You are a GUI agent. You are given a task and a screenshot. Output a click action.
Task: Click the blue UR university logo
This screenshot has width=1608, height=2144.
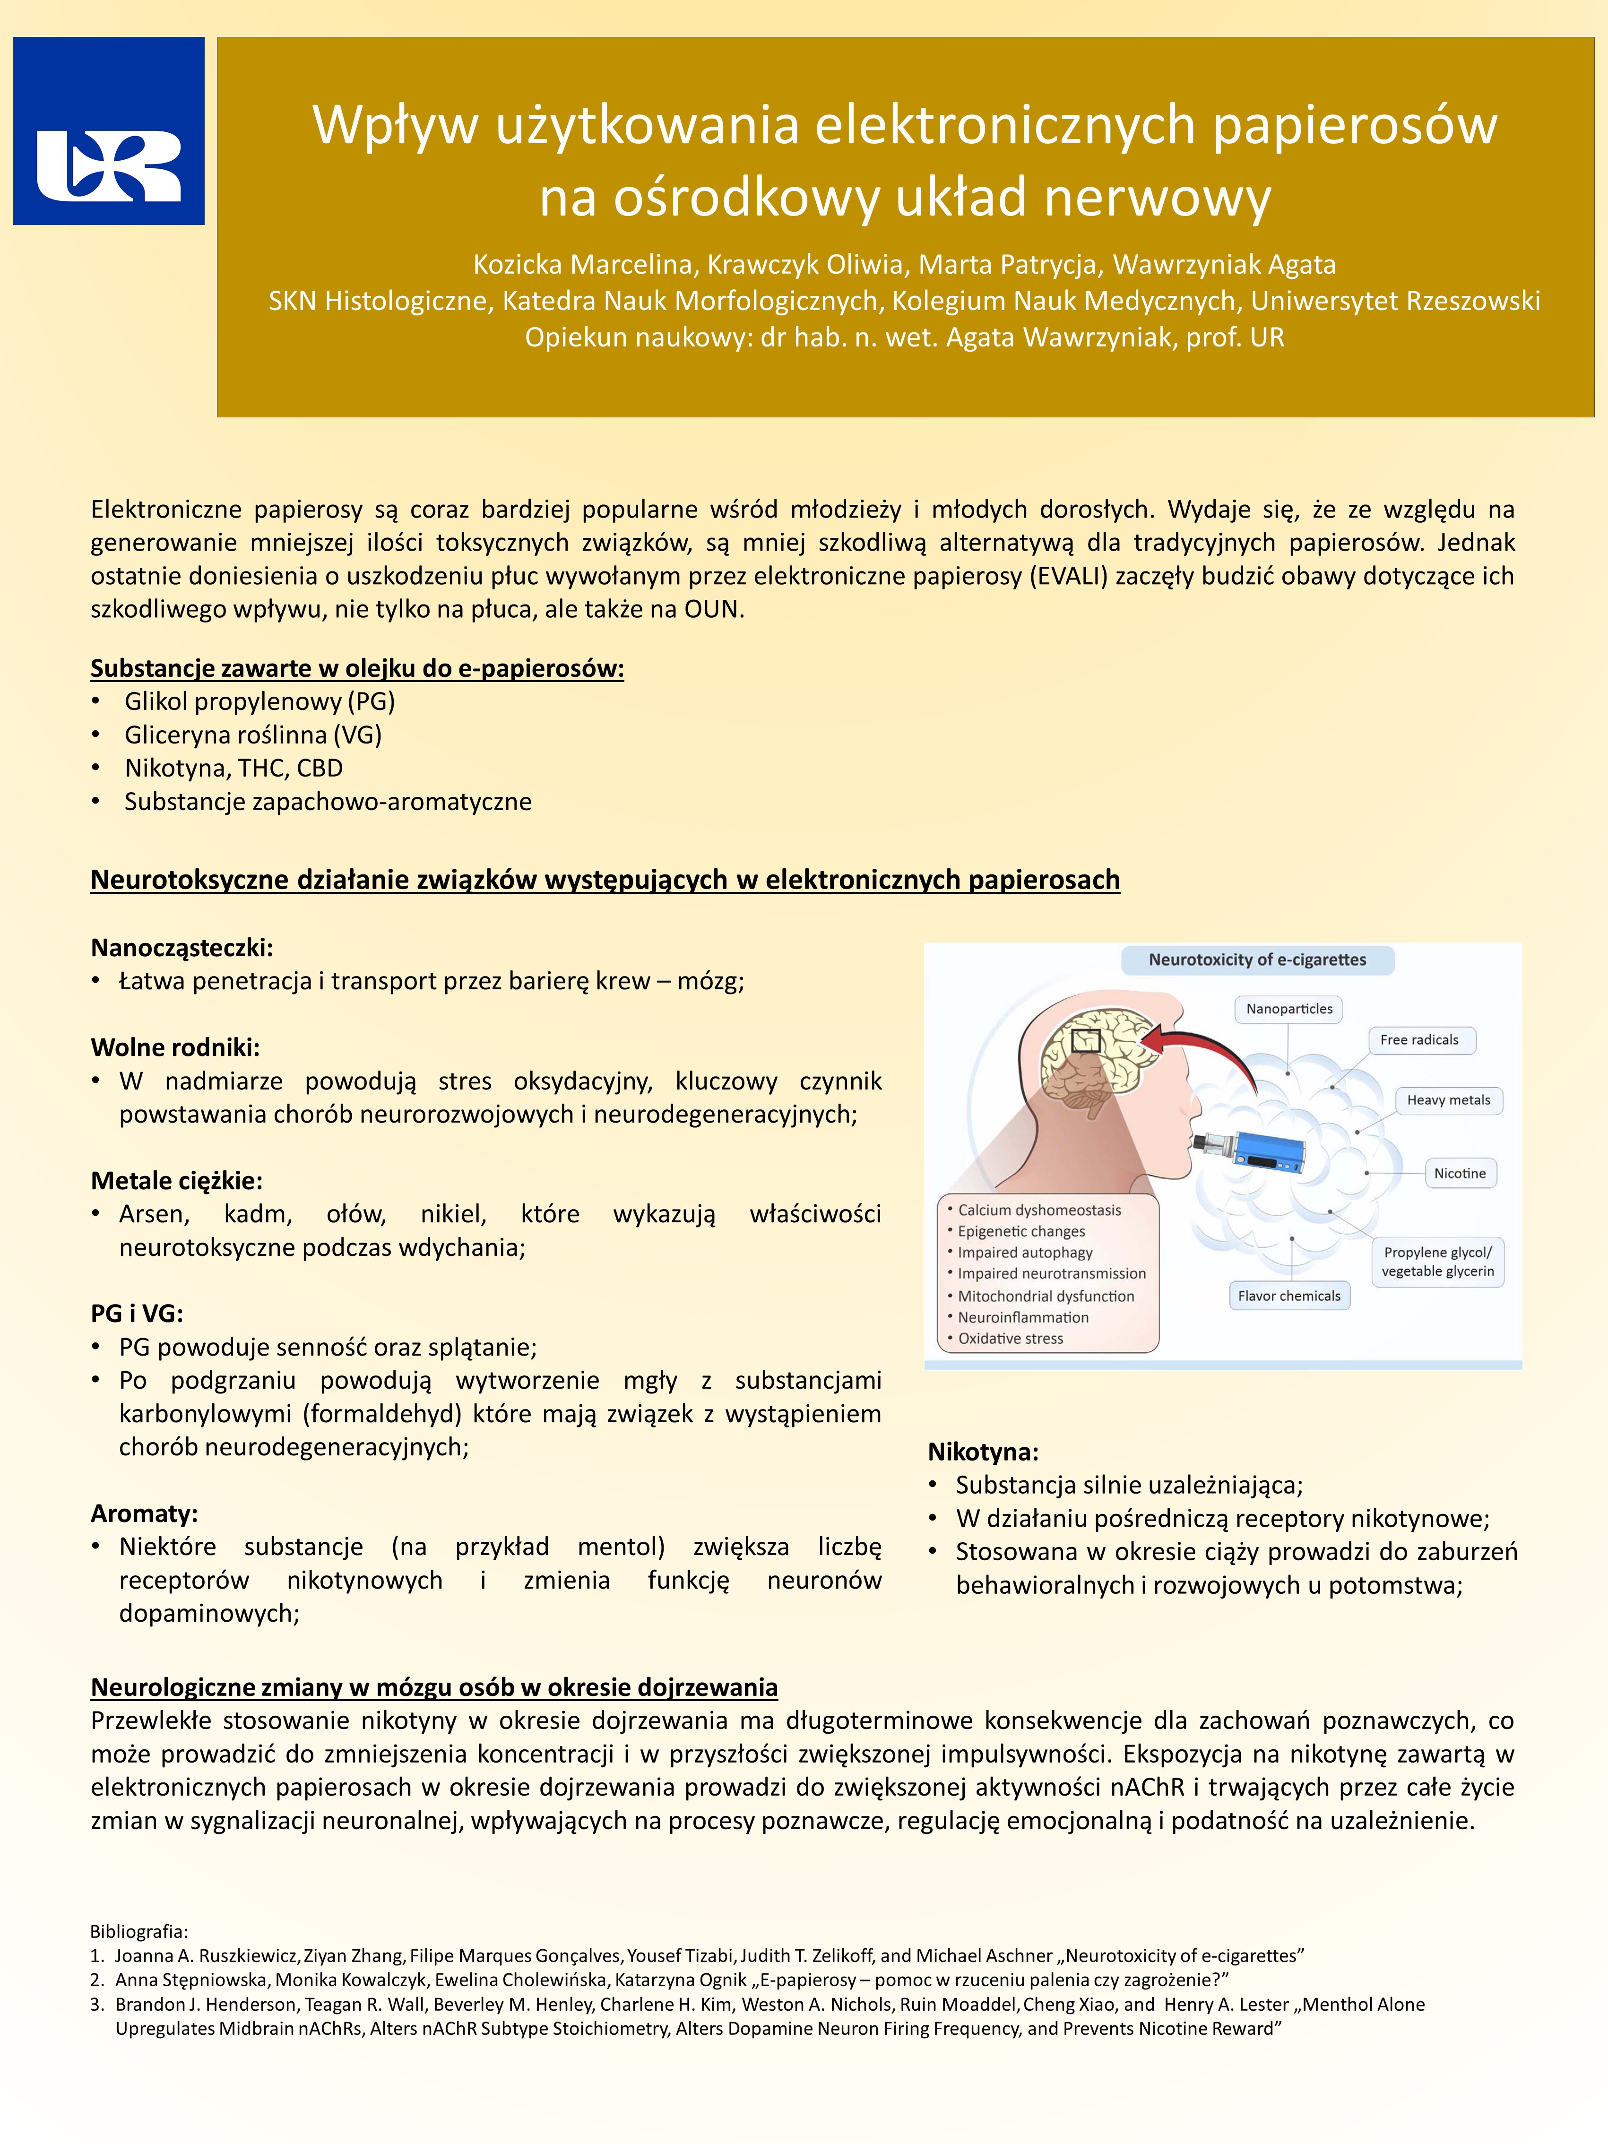[109, 131]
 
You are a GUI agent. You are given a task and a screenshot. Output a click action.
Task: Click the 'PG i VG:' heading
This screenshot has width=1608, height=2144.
[137, 1314]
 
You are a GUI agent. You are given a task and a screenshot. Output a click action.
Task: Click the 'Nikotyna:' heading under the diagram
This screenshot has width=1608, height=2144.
[983, 1451]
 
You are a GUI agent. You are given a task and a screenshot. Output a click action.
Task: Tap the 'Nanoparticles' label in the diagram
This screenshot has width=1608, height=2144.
[1289, 1009]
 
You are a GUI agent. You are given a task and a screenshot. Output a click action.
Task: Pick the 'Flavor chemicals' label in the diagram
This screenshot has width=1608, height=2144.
[1289, 1296]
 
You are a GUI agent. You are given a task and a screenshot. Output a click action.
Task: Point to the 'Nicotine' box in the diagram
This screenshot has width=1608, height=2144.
[1460, 1173]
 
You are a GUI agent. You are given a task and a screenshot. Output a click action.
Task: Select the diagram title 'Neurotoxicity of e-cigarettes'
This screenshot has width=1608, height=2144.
[1257, 960]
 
